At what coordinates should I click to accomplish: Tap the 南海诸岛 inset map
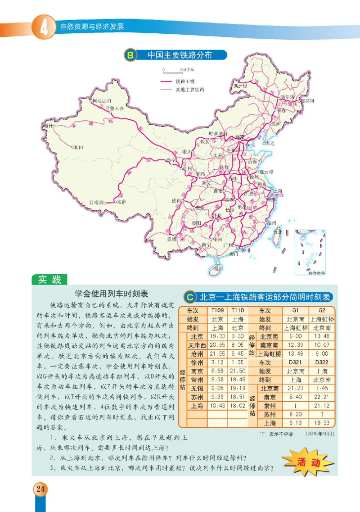coord(310,252)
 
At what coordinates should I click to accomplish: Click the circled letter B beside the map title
coord(130,55)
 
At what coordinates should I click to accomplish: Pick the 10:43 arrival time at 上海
coord(216,406)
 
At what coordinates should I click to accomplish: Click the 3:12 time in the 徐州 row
coord(216,362)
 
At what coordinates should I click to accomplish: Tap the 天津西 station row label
coord(196,345)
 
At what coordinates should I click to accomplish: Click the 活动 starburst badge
coord(308,462)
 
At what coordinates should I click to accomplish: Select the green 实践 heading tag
coord(49,280)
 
